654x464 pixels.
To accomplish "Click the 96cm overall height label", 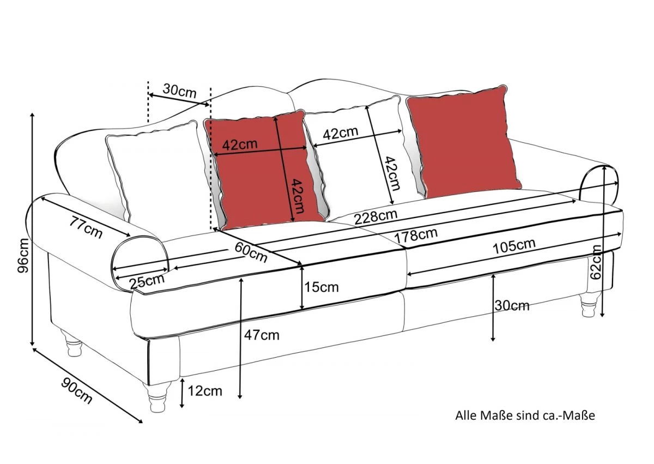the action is click(x=23, y=256).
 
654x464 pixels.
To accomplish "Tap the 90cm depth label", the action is click(x=77, y=390).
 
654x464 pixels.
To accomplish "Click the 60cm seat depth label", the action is click(x=251, y=252).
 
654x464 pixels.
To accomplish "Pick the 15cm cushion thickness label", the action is click(x=322, y=287).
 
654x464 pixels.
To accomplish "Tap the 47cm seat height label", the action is click(x=262, y=335).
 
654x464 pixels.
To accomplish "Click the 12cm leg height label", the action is click(x=205, y=391).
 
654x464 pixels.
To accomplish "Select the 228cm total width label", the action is click(x=376, y=217).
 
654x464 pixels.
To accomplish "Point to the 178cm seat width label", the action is click(x=416, y=235).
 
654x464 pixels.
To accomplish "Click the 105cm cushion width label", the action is click(x=514, y=246).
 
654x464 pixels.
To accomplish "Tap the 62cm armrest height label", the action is click(x=596, y=262).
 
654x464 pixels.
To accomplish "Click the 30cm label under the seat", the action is click(x=512, y=306).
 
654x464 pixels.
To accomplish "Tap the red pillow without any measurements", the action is click(x=463, y=142).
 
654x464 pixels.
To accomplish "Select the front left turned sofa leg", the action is click(x=157, y=397).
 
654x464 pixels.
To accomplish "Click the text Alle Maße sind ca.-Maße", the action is click(x=525, y=415).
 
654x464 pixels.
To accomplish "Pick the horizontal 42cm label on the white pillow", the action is click(x=341, y=133).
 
